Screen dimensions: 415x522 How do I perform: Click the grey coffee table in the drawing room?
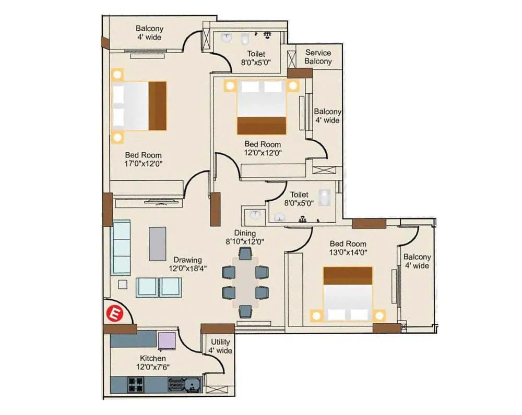[158, 243]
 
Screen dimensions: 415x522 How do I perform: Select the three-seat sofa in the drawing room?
[121, 248]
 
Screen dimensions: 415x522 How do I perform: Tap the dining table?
[245, 282]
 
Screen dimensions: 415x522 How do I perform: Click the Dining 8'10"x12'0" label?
[245, 237]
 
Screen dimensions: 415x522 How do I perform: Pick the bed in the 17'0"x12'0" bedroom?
[139, 106]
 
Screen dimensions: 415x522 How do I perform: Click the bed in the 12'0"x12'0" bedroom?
[262, 107]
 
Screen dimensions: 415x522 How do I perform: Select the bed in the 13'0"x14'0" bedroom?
[347, 294]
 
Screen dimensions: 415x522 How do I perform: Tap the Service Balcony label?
[318, 57]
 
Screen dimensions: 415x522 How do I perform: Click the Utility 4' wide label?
[220, 346]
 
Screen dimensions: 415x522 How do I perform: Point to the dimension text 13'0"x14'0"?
[347, 253]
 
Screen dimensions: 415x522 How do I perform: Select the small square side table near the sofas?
[123, 284]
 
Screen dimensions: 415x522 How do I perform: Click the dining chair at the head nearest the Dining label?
[245, 254]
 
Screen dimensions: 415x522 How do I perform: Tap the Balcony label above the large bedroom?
[149, 33]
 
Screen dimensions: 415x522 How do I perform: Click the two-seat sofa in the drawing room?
[159, 287]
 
